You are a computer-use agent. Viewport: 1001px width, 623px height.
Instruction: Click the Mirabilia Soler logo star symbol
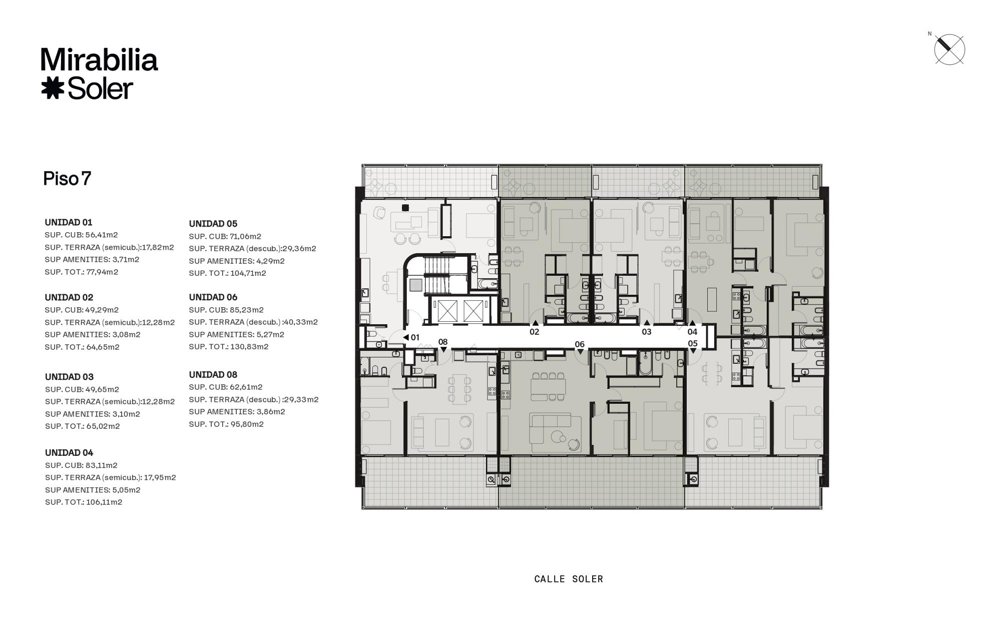point(53,89)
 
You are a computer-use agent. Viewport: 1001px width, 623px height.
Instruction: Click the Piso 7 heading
point(67,179)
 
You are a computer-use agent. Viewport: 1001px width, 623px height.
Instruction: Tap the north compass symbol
point(949,50)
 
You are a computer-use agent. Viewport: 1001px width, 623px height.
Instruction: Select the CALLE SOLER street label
point(569,579)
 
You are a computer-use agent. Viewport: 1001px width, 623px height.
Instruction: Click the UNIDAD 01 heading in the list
point(69,222)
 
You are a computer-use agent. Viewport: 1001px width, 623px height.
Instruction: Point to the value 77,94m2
point(102,272)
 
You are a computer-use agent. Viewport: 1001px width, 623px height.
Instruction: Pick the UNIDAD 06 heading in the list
point(213,297)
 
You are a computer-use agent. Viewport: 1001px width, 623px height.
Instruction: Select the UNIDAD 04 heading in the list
point(69,453)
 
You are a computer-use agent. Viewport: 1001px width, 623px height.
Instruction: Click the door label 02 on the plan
point(535,332)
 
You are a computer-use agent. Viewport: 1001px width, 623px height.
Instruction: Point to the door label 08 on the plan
point(443,342)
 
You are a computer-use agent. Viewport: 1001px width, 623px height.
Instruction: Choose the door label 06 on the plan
point(580,344)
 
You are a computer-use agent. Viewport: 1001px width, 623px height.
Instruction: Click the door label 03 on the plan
point(647,332)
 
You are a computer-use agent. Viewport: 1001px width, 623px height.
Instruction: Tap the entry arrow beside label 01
point(406,337)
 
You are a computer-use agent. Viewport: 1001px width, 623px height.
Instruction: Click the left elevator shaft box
point(447,311)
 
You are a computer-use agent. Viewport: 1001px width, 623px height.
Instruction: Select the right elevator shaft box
point(473,311)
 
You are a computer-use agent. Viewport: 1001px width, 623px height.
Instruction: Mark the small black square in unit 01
point(405,208)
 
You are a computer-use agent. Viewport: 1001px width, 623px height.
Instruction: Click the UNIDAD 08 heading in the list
point(213,375)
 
